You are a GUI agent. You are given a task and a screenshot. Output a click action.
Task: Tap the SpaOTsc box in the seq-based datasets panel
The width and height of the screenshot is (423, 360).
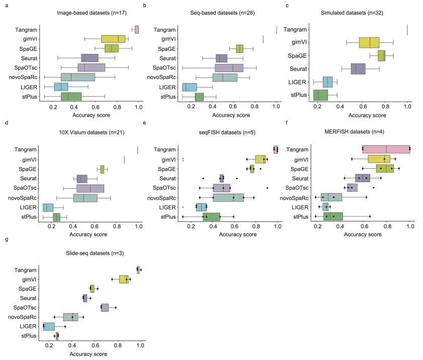pyautogui.click(x=229, y=67)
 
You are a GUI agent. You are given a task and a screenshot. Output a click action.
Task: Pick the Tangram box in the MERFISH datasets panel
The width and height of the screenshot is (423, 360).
pyautogui.click(x=386, y=149)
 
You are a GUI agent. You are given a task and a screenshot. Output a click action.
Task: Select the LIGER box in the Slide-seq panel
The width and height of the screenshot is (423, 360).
pyautogui.click(x=49, y=326)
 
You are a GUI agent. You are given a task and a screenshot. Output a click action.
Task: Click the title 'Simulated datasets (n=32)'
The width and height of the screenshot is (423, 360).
pyautogui.click(x=352, y=12)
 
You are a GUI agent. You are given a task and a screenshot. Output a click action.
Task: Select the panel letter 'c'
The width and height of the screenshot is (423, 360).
pyautogui.click(x=287, y=6)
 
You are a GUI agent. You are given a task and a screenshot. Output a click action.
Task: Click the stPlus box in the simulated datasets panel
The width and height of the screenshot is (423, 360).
pyautogui.click(x=320, y=95)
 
